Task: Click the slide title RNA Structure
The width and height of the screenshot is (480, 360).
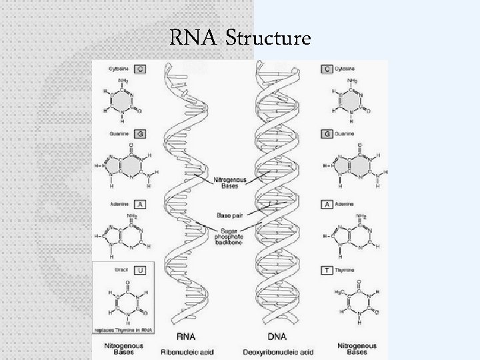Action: pos(240,39)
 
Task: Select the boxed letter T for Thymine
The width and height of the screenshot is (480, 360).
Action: pos(327,271)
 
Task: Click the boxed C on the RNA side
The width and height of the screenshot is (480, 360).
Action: pos(141,68)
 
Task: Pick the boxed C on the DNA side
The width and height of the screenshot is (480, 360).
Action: pos(327,68)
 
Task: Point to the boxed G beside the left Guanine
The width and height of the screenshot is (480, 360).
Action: pos(141,133)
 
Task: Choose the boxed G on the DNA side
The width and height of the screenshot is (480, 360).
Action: pos(327,133)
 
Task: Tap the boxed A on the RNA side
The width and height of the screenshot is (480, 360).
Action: pos(141,203)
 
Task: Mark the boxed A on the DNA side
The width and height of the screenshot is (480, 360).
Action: pos(327,203)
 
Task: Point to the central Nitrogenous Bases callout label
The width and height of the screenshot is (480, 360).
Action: pos(229,181)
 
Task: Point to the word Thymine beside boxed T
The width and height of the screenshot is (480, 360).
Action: pos(347,271)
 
